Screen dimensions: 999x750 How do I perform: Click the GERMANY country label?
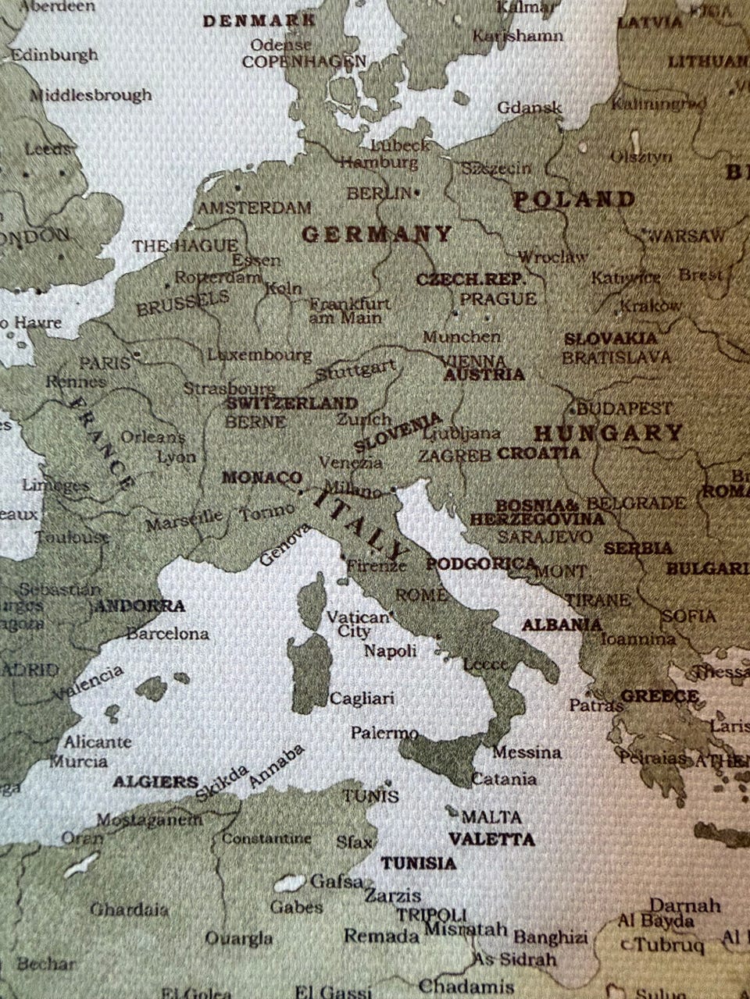pos(377,233)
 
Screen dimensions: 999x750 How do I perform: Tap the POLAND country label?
pos(574,200)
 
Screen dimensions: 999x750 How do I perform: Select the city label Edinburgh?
pos(54,55)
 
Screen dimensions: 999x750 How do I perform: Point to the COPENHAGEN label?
pos(303,61)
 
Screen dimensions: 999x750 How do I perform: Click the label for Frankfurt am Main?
pos(349,311)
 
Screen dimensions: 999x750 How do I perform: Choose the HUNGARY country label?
pos(608,432)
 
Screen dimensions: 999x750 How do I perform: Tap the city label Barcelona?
pos(167,634)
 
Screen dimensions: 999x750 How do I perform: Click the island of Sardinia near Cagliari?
pos(309,671)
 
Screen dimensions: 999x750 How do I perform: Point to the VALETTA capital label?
pos(491,840)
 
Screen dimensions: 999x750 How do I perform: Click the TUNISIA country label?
pos(418,863)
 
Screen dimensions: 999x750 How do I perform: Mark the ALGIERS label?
pos(155,781)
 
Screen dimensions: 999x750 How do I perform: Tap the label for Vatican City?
pos(357,624)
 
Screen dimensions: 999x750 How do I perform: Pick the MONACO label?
pos(262,477)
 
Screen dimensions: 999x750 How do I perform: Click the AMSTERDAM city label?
pos(254,208)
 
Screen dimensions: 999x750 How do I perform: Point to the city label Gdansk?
pos(529,108)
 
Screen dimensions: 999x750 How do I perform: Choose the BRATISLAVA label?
pos(616,357)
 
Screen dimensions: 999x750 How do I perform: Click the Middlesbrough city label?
pos(91,95)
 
